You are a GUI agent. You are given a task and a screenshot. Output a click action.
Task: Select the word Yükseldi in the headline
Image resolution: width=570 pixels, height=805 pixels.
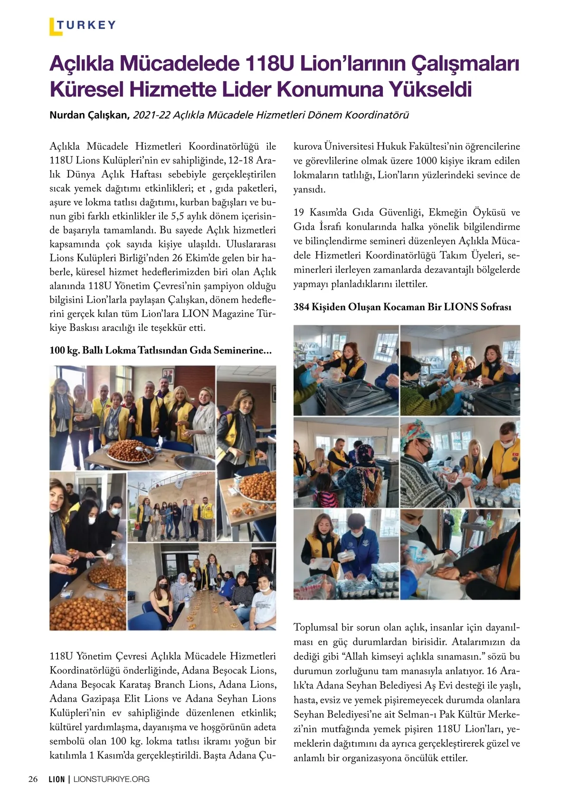pyautogui.click(x=430, y=89)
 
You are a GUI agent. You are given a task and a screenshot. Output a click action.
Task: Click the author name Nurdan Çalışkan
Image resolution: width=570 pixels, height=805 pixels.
pyautogui.click(x=89, y=115)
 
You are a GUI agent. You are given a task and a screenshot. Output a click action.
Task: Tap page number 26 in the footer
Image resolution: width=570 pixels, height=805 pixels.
pyautogui.click(x=33, y=779)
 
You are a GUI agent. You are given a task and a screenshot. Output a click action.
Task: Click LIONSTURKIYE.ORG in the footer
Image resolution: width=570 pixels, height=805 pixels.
pyautogui.click(x=112, y=779)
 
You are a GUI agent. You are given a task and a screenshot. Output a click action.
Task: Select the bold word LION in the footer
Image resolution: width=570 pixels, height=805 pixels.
pyautogui.click(x=57, y=779)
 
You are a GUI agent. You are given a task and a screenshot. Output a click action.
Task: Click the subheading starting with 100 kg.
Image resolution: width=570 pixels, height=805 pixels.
pyautogui.click(x=161, y=350)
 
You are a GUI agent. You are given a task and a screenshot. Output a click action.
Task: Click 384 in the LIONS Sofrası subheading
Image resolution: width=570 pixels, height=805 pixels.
pyautogui.click(x=301, y=307)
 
